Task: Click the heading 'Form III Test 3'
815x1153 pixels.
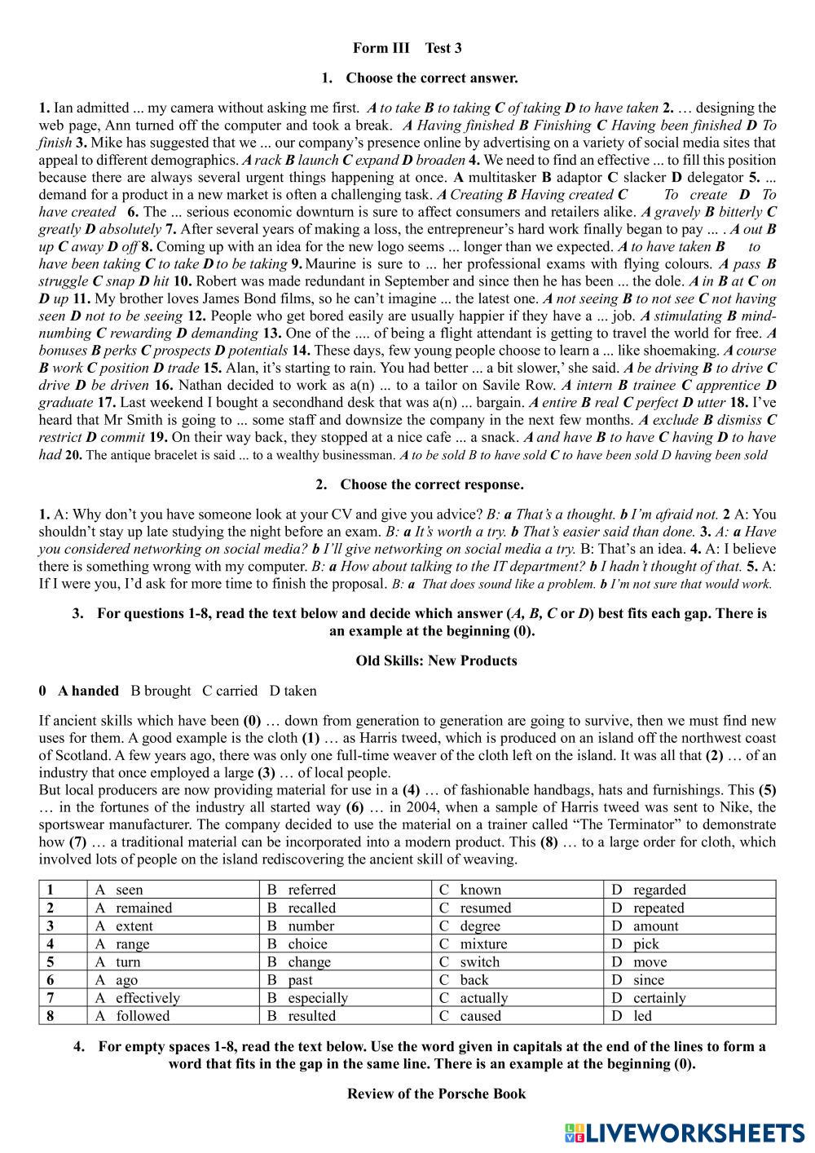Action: click(407, 48)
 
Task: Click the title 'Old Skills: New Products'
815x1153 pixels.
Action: click(436, 660)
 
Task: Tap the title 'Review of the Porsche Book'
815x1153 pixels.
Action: click(436, 1093)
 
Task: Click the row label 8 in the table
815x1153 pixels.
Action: click(51, 1015)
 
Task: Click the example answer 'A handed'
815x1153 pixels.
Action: click(88, 691)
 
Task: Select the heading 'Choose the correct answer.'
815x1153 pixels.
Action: click(432, 78)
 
